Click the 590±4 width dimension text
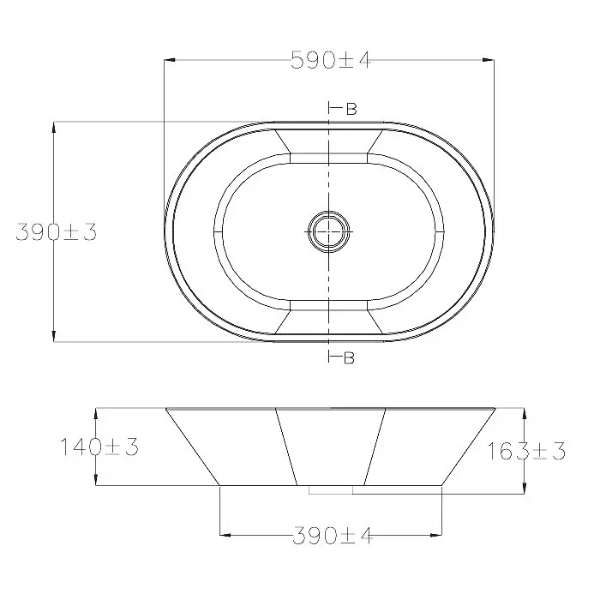tap(331, 60)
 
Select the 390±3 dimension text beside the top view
tap(57, 232)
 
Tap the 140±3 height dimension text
tap(99, 447)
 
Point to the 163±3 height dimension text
tap(526, 451)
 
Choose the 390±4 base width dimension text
tap(333, 535)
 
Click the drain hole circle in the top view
tap(329, 231)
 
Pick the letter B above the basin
tap(351, 109)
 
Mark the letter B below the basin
tap(349, 357)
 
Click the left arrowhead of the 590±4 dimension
tap(170, 60)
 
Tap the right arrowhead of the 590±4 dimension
tap(488, 60)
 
